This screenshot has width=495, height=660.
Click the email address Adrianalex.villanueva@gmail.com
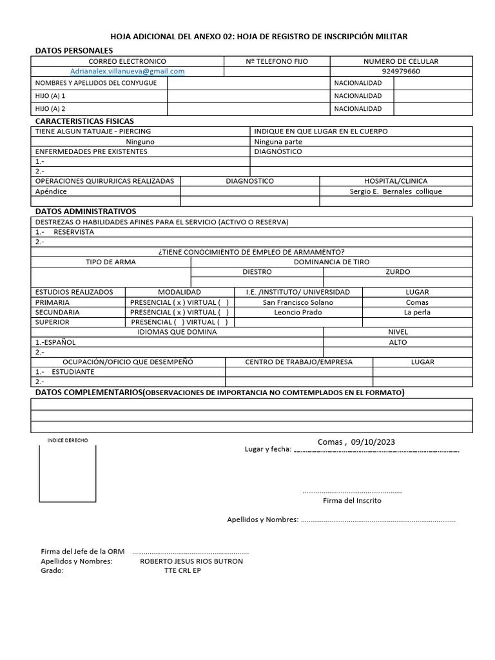[x=128, y=72]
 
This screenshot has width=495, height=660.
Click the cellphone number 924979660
[x=401, y=72]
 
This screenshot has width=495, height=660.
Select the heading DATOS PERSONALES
[x=73, y=50]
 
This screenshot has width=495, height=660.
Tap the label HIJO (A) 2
[x=51, y=109]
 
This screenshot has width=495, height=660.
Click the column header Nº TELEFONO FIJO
[x=277, y=61]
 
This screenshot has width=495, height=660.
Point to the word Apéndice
[x=51, y=191]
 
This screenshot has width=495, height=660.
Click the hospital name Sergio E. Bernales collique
[x=396, y=191]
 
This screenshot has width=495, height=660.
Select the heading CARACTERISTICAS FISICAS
[x=84, y=121]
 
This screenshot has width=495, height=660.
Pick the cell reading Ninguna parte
[x=278, y=142]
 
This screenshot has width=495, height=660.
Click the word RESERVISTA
[x=73, y=232]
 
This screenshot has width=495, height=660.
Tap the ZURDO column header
[x=398, y=272]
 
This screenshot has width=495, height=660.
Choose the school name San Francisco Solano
[x=298, y=302]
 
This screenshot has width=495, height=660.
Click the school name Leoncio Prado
[x=298, y=313]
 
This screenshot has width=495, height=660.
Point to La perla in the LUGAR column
[x=417, y=313]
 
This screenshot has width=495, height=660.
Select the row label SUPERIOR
[x=52, y=322]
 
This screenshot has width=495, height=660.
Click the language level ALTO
[x=398, y=342]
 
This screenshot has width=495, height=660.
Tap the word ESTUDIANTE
[x=73, y=372]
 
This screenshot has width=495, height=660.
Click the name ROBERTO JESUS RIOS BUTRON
[x=191, y=561]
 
